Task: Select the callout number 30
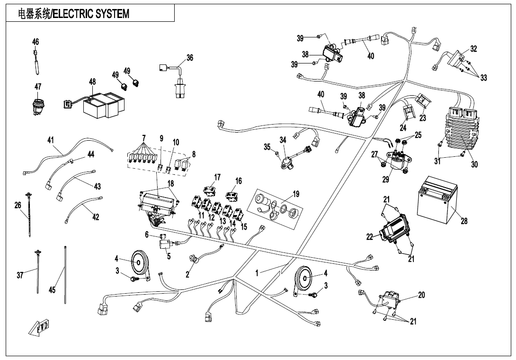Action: point(474,164)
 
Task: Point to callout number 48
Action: point(92,82)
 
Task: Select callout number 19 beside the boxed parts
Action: point(296,193)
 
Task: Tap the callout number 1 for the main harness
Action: point(257,273)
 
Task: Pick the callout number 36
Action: point(190,58)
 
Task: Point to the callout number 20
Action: point(421,295)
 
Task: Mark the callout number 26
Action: point(18,205)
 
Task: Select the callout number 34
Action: point(283,140)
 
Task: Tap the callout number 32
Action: point(474,49)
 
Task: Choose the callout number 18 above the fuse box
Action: point(170,183)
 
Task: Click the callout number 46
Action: point(36,42)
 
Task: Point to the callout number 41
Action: point(51,140)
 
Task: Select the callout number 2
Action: point(187,275)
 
